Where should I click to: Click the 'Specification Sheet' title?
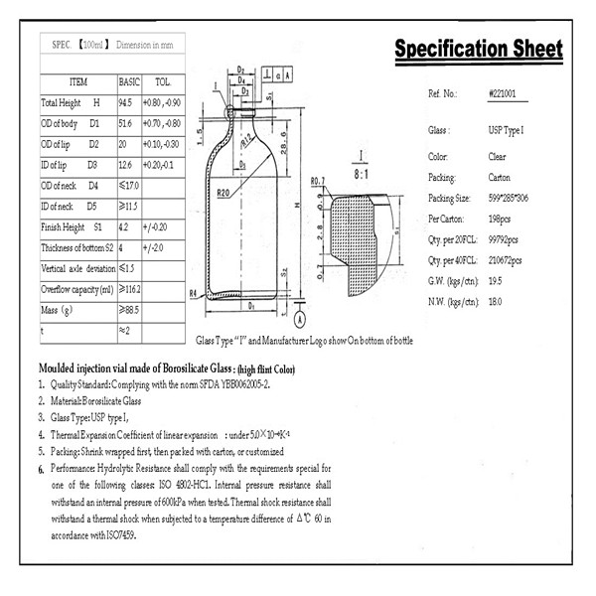478,50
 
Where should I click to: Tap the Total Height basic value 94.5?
126,102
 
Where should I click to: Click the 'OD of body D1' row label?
71,124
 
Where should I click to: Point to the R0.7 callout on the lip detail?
318,181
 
